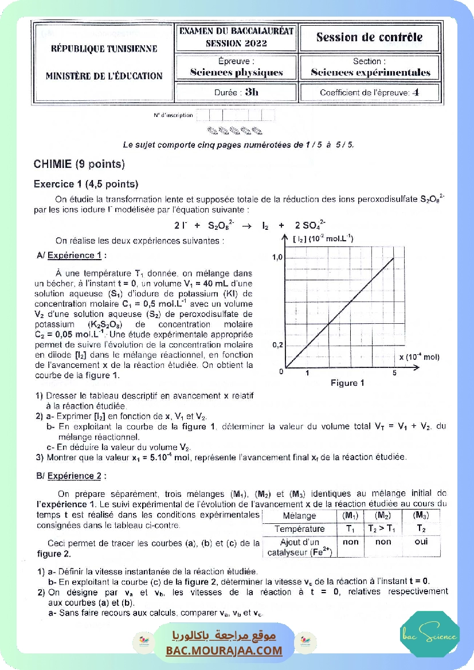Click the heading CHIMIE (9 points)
click(x=79, y=164)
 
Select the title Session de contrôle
click(x=369, y=38)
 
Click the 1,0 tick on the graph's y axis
click(x=277, y=257)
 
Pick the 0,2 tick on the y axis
click(x=277, y=346)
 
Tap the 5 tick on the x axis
click(x=394, y=374)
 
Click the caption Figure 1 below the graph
click(x=347, y=383)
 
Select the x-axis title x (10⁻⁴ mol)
click(x=419, y=357)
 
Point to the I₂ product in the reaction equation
click(x=265, y=225)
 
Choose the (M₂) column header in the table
click(x=383, y=516)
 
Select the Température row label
click(x=299, y=529)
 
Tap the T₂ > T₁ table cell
click(x=383, y=529)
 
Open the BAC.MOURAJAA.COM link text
click(x=224, y=651)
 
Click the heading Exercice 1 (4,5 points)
click(x=86, y=185)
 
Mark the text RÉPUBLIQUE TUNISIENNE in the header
click(x=104, y=49)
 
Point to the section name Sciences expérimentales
click(x=370, y=73)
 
